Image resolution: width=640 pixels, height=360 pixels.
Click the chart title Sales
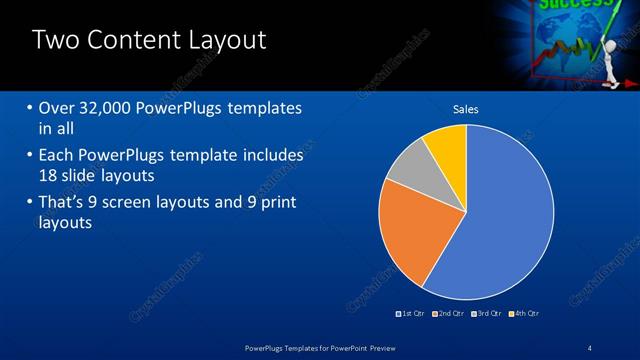click(466, 108)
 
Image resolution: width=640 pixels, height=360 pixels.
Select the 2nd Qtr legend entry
click(449, 314)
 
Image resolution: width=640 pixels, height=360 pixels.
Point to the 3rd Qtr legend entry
click(487, 314)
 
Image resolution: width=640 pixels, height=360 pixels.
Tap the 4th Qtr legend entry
click(524, 314)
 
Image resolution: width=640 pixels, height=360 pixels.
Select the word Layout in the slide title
click(229, 40)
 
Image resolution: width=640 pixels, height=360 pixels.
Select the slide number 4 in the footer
click(590, 347)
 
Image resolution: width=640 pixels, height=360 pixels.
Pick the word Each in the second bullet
click(55, 156)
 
